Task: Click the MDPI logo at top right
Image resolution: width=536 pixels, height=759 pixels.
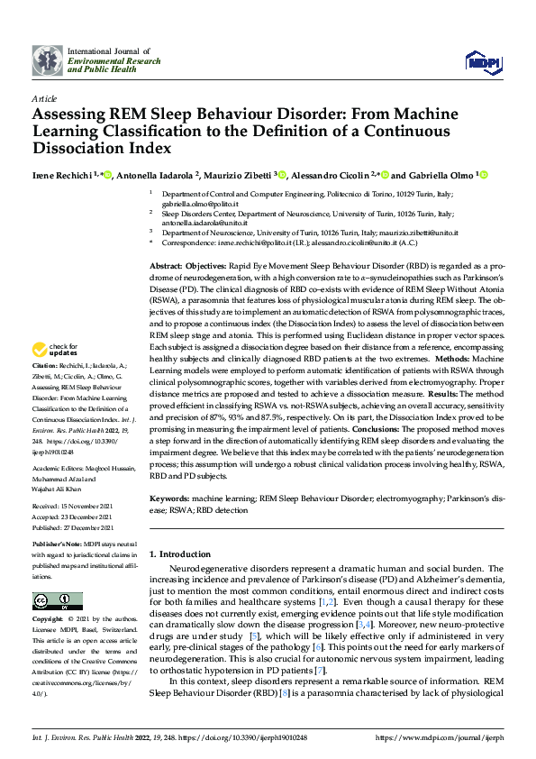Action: coord(483,60)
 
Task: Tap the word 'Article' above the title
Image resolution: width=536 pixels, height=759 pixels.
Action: coord(43,98)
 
